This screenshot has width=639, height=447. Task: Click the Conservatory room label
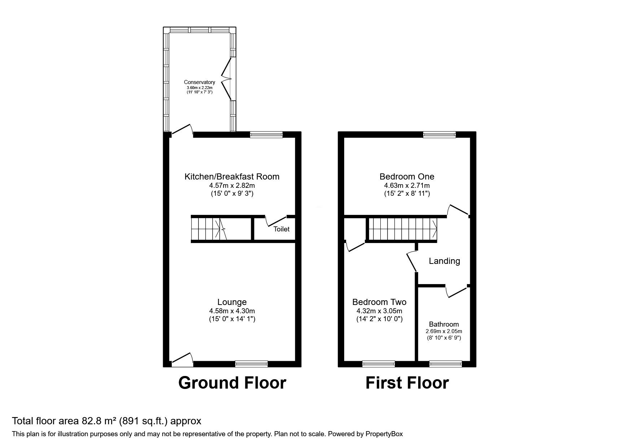pos(199,82)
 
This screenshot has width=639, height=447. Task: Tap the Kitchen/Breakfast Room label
pos(232,177)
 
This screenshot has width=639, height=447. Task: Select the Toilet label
pos(281,229)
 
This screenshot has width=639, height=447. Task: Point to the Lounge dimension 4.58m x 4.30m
pos(232,311)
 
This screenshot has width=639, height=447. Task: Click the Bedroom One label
pos(407,177)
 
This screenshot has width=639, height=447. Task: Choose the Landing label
pos(444,261)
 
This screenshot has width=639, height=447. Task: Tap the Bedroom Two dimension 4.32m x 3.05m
pos(379,311)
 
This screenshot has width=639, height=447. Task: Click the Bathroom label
pos(444,324)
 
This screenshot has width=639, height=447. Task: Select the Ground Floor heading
pos(232,383)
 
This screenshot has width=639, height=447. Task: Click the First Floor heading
pos(407,383)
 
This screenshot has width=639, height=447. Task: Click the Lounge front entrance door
pos(182,360)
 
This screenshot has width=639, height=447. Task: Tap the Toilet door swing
pos(276,221)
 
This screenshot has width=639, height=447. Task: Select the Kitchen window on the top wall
pos(266,135)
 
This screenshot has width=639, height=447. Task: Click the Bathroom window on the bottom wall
pos(445,364)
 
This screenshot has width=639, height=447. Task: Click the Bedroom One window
pos(439,135)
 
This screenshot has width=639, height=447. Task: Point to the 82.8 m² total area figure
pos(95,421)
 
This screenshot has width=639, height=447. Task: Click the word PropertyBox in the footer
pos(384,434)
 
